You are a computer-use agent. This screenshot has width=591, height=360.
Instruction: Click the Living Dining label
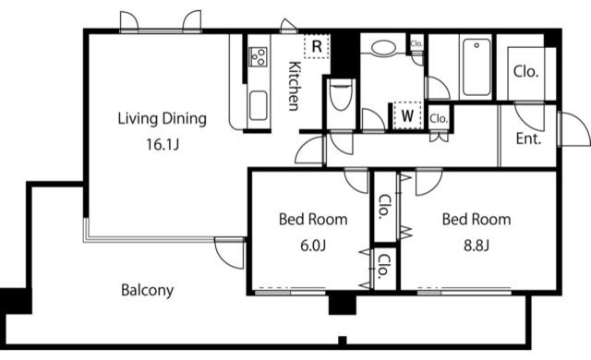click(x=163, y=119)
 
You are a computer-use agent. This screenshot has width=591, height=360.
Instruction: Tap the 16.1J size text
click(x=163, y=144)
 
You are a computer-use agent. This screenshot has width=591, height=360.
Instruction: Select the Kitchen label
click(x=295, y=86)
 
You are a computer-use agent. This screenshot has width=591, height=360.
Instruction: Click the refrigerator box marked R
click(x=317, y=46)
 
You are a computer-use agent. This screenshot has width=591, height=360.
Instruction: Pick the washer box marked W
click(x=407, y=115)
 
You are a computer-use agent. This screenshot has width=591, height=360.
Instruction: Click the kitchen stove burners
click(x=259, y=57)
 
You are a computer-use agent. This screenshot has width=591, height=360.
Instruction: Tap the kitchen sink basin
click(x=259, y=106)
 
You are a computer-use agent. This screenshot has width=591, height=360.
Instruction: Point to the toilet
click(x=341, y=95)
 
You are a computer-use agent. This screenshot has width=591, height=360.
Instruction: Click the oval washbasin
click(x=384, y=48)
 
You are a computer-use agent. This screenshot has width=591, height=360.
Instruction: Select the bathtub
click(x=476, y=67)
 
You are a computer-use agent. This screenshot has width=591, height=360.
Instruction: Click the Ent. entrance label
click(x=528, y=139)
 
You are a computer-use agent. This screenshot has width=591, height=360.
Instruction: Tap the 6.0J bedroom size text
click(x=313, y=246)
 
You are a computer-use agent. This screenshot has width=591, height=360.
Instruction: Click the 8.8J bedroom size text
click(x=476, y=246)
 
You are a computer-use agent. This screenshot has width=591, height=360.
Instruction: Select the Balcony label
click(x=148, y=291)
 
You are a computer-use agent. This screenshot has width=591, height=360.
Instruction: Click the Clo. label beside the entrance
click(x=525, y=72)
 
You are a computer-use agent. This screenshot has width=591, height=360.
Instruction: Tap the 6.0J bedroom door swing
click(x=353, y=187)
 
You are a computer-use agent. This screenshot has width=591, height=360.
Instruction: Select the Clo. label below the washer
click(x=439, y=119)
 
